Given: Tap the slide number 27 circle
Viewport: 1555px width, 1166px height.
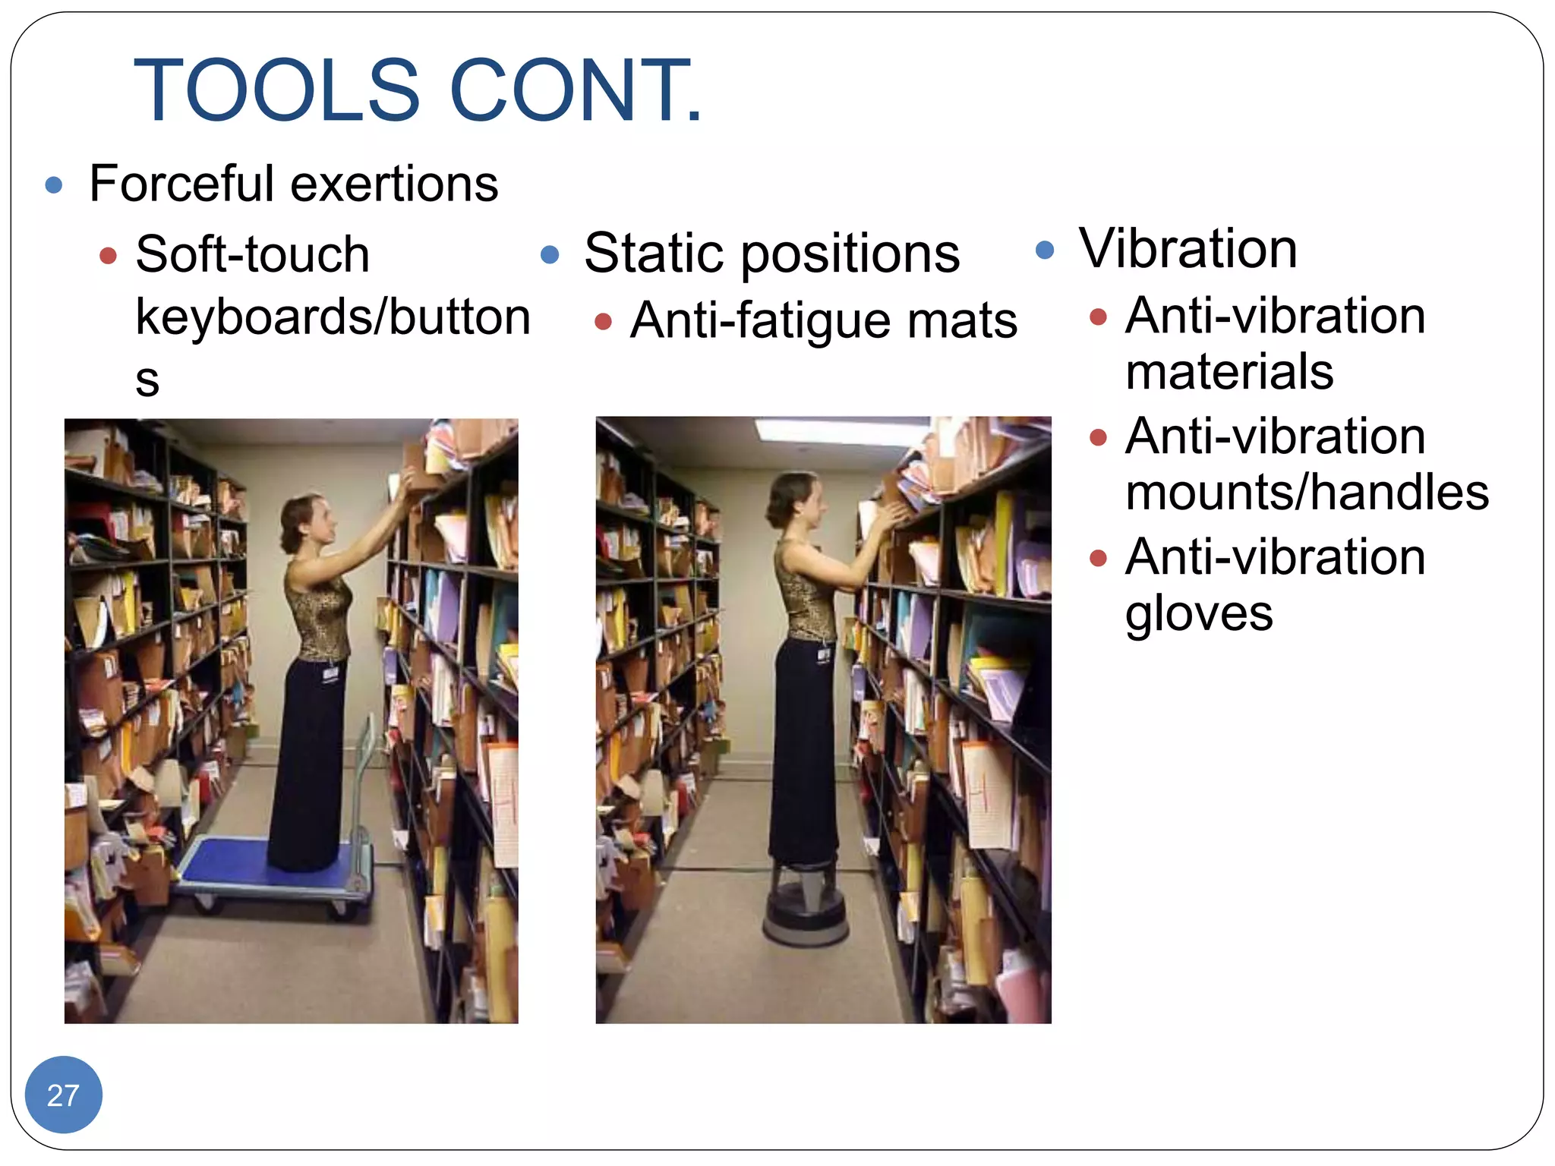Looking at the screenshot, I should [63, 1095].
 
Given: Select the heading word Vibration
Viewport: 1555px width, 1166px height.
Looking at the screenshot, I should [1188, 248].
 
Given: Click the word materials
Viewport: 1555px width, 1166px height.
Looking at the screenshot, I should [1229, 371].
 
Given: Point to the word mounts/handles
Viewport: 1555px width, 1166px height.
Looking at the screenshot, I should [1307, 492].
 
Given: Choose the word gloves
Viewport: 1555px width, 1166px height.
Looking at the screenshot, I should [1199, 613].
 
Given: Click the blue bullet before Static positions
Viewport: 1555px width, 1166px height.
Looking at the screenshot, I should [550, 254].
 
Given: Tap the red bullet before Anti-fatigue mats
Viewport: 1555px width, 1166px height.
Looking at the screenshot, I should [603, 322].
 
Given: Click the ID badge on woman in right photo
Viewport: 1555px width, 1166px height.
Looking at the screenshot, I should [823, 654].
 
